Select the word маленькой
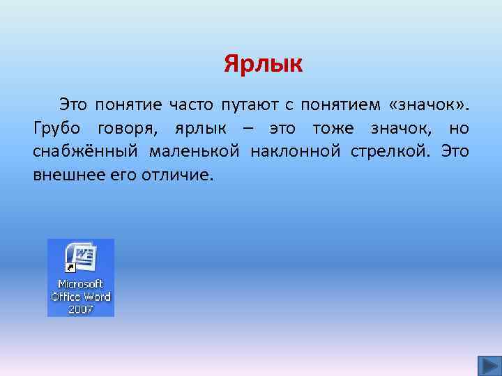point(184,151)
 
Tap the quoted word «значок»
point(428,105)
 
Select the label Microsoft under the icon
point(81,284)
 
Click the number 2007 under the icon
point(81,308)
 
